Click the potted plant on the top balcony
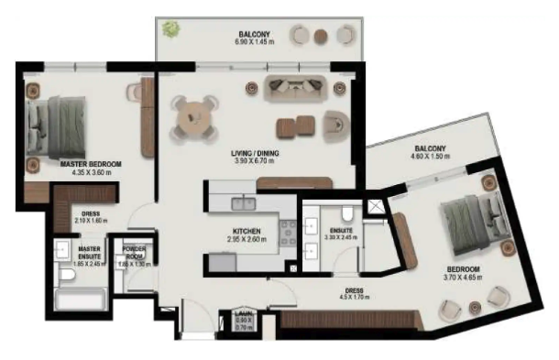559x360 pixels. click(170, 29)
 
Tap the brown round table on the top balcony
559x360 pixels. click(321, 37)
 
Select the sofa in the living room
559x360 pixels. click(298, 88)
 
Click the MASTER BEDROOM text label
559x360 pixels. click(91, 164)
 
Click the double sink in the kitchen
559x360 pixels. click(244, 202)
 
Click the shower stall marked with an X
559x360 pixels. click(376, 206)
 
